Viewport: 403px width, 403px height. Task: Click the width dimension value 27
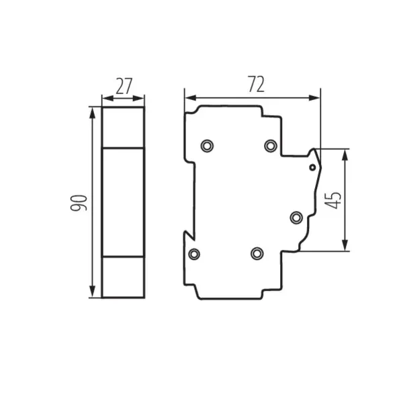(x=122, y=86)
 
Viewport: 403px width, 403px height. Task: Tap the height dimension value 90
(x=80, y=202)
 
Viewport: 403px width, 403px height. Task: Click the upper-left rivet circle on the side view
(x=208, y=145)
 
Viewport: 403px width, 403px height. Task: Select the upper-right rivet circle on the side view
(x=270, y=146)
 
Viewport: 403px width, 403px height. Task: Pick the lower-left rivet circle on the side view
(x=194, y=253)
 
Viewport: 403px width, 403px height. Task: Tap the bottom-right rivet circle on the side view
(x=256, y=253)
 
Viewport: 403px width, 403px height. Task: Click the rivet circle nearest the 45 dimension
(x=296, y=217)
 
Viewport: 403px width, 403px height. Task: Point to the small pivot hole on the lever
(x=312, y=167)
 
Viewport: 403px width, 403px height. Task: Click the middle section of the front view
(x=123, y=202)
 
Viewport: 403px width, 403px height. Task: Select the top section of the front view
(x=123, y=127)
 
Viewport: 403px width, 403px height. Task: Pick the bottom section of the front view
(x=123, y=277)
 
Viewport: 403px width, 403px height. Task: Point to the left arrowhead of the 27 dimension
(x=105, y=99)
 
